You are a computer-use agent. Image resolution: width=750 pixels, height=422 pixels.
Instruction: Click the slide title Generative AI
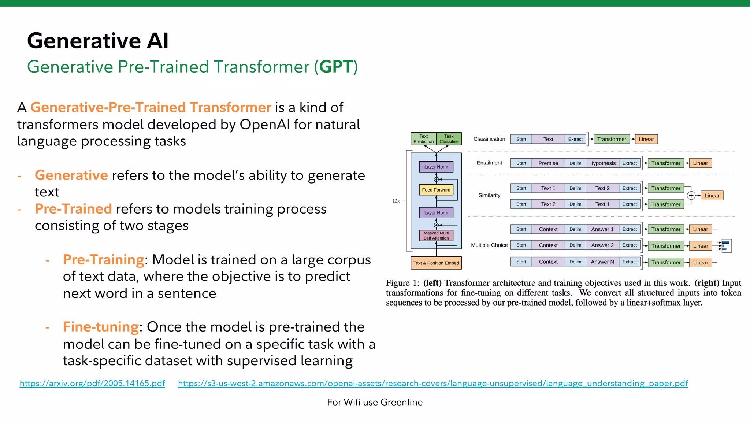(x=98, y=40)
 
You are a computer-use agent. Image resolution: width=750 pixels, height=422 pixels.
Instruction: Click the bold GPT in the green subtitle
(x=336, y=67)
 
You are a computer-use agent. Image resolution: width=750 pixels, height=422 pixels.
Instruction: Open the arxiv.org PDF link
(x=92, y=383)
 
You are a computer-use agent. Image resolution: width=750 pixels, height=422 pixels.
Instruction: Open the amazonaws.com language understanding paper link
(x=433, y=383)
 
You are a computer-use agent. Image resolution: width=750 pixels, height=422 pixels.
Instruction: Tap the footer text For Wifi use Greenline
(x=375, y=402)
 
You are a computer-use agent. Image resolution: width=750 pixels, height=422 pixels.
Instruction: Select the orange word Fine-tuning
(x=101, y=327)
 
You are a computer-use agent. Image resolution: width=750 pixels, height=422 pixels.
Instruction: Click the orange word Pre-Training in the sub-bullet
(x=103, y=260)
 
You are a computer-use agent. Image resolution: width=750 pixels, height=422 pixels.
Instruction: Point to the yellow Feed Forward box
(x=436, y=190)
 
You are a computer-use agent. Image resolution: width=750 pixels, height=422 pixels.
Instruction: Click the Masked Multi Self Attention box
(x=436, y=236)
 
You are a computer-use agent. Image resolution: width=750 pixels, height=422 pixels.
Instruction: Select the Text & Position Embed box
(x=436, y=263)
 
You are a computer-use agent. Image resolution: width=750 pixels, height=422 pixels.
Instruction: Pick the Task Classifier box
(x=449, y=139)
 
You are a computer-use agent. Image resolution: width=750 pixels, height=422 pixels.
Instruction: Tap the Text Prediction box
(x=423, y=139)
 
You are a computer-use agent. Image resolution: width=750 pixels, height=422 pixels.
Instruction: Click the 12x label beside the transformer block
(x=396, y=201)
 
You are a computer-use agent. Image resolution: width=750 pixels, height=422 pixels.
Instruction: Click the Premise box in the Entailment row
(x=548, y=163)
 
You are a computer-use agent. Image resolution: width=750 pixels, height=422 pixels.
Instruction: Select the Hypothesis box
(x=602, y=163)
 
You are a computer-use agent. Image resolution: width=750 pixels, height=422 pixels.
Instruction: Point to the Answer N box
(x=602, y=262)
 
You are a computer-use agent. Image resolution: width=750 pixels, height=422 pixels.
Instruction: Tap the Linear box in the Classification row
(x=646, y=139)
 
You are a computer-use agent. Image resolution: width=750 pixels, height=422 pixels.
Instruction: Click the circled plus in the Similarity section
(x=691, y=196)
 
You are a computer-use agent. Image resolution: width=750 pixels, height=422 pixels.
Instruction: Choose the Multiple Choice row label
(x=489, y=245)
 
